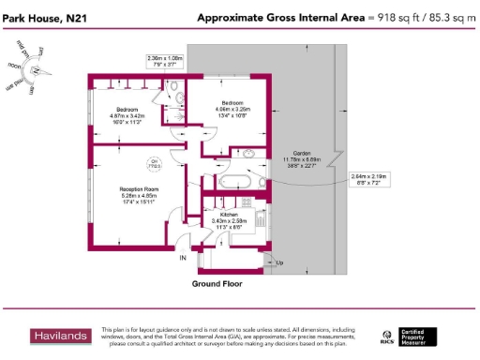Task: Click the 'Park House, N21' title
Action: point(44,17)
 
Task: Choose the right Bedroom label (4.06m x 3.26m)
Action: point(232,107)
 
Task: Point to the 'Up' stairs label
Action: point(280,262)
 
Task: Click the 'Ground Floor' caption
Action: point(217,282)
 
